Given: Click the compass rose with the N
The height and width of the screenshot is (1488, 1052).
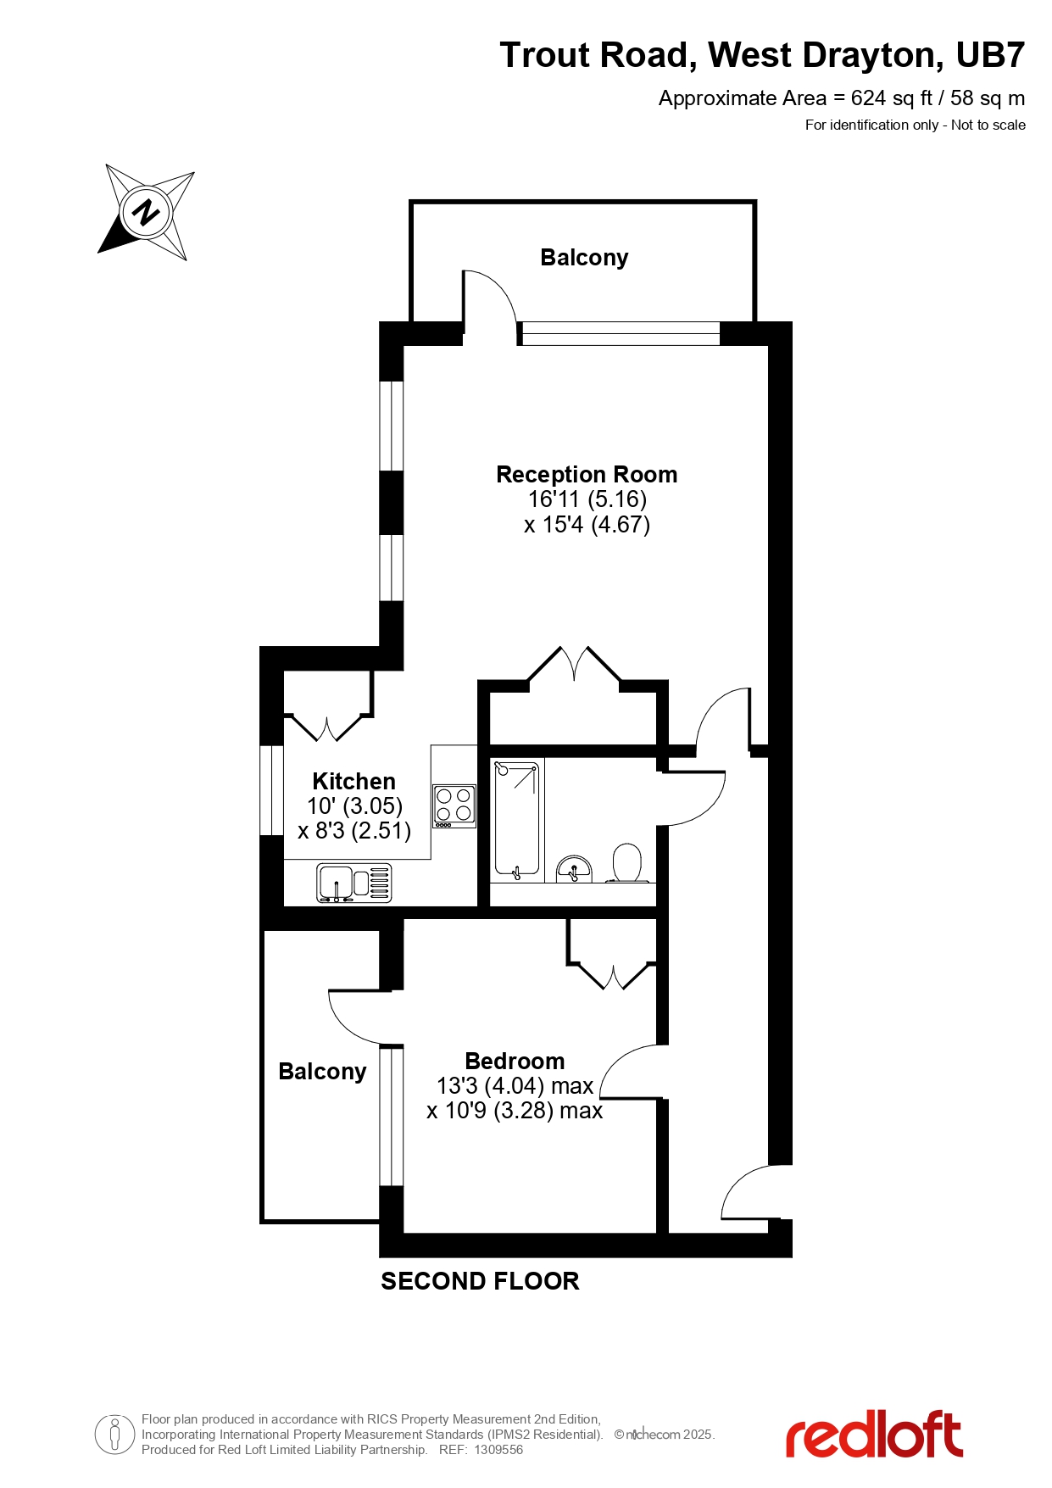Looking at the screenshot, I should pyautogui.click(x=147, y=212).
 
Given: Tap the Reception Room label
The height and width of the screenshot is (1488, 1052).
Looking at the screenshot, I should pyautogui.click(x=587, y=475).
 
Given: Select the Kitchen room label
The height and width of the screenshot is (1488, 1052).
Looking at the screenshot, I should pyautogui.click(x=353, y=781).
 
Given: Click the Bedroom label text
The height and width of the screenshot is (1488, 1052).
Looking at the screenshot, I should pyautogui.click(x=515, y=1062).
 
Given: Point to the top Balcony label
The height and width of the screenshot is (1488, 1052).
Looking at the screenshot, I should pyautogui.click(x=584, y=258).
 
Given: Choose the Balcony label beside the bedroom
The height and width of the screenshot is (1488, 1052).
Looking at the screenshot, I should pyautogui.click(x=322, y=1072).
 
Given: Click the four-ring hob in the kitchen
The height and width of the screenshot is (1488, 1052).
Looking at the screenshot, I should pyautogui.click(x=454, y=805).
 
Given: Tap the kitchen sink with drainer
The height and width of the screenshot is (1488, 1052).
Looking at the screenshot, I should pyautogui.click(x=353, y=883).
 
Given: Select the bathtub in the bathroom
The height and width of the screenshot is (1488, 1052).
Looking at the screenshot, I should pyautogui.click(x=517, y=820).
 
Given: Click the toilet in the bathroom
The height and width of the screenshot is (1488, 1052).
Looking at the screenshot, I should pyautogui.click(x=627, y=863).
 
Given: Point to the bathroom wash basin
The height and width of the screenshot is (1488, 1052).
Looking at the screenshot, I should pyautogui.click(x=574, y=869).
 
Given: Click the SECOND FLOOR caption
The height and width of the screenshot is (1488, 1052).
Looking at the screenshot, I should pyautogui.click(x=480, y=1281).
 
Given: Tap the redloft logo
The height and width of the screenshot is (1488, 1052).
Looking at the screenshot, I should pyautogui.click(x=874, y=1435).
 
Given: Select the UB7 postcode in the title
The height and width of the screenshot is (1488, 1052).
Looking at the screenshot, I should pyautogui.click(x=990, y=56).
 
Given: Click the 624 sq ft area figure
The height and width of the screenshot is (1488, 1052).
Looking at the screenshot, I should pyautogui.click(x=891, y=98).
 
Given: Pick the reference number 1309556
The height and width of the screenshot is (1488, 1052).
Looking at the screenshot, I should pyautogui.click(x=498, y=1450).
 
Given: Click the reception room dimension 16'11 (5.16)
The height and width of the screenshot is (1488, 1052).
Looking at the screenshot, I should pyautogui.click(x=587, y=499).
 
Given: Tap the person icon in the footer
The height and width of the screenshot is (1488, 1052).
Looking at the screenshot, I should pyautogui.click(x=114, y=1435).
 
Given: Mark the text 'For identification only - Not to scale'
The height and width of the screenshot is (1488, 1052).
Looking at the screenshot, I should pyautogui.click(x=915, y=125).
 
